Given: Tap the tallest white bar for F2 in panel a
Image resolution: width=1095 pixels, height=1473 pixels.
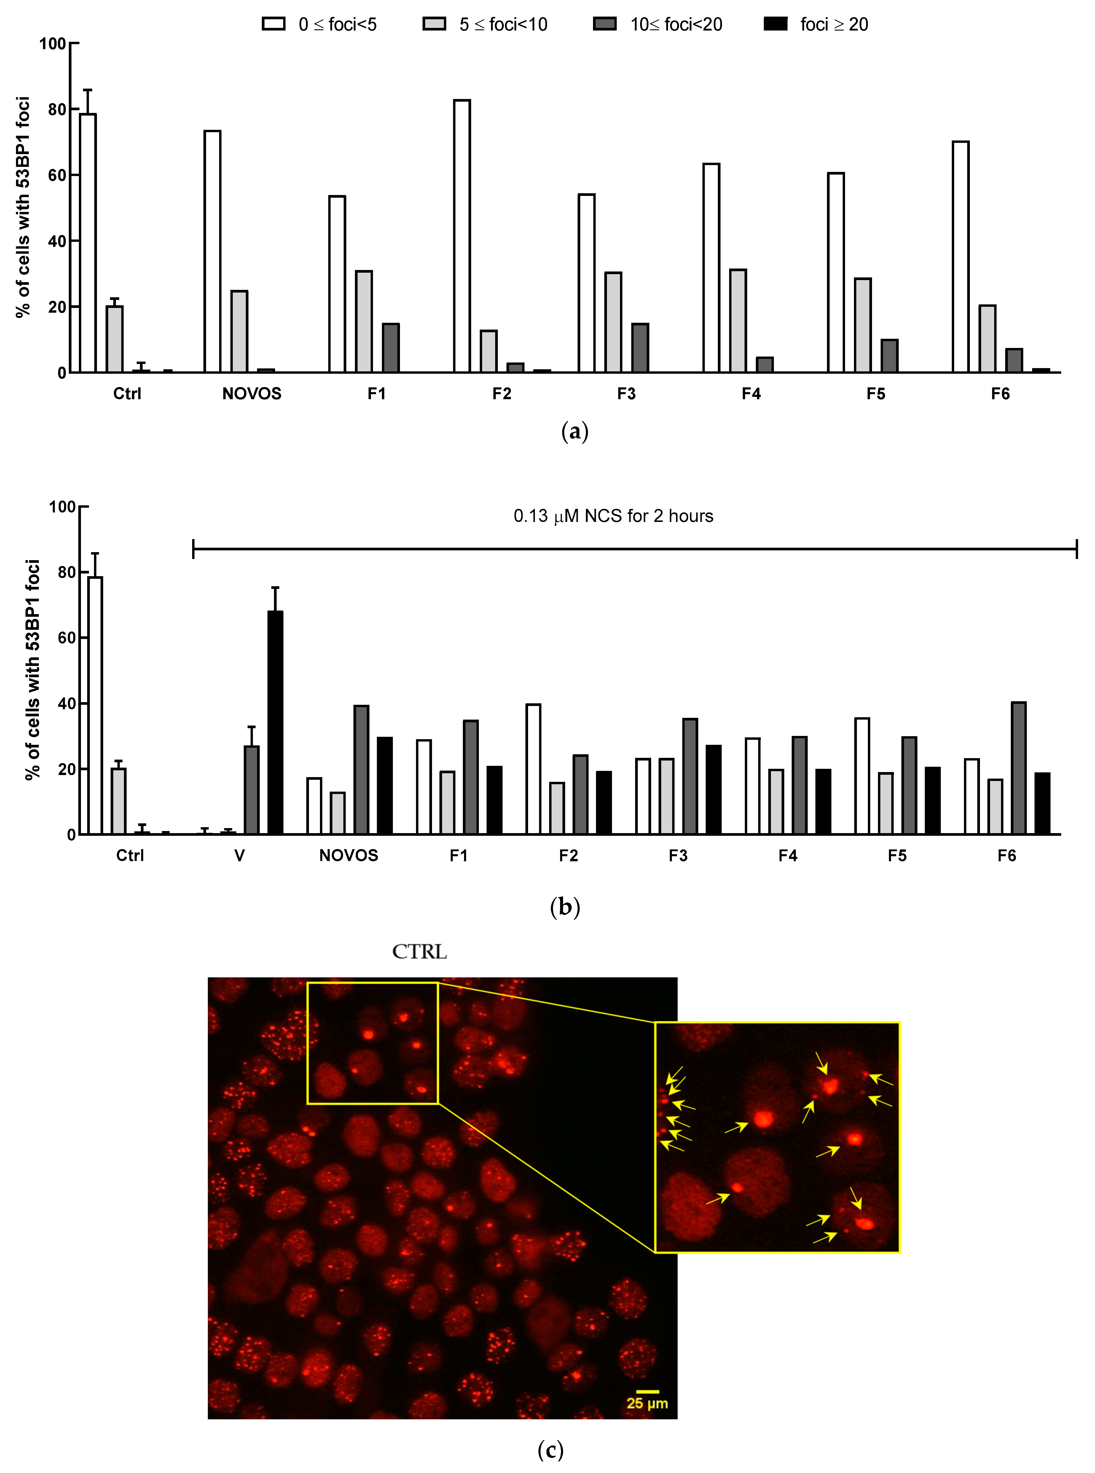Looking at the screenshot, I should (x=462, y=236).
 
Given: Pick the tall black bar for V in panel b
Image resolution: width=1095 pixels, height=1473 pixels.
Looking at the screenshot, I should (x=275, y=722).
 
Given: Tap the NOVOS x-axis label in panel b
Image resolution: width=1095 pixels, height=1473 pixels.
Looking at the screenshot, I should (x=349, y=855).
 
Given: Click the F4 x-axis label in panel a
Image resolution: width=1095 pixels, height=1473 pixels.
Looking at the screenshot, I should (x=751, y=394).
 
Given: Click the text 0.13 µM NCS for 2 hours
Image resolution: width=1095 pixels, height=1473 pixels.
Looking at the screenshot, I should (x=613, y=516).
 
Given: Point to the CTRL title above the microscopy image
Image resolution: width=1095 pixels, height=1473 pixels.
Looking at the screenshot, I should (x=420, y=951).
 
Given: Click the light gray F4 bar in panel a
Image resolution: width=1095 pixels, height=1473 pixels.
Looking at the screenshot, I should (x=738, y=321).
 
